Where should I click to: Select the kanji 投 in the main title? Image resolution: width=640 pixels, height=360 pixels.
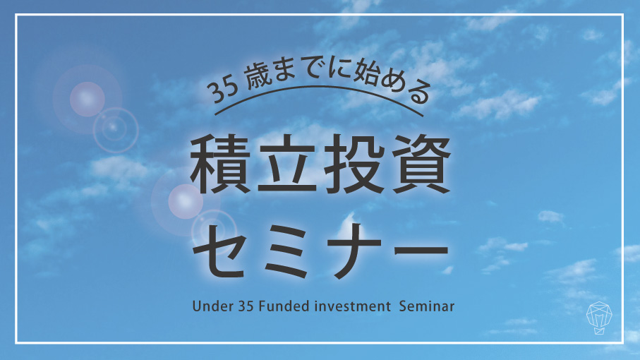pos(354,164)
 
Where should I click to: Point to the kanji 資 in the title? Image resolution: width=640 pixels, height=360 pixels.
pos(421,164)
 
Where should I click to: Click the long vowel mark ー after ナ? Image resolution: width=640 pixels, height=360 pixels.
pos(421,249)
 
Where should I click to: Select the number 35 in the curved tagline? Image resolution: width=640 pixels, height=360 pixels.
pos(222,90)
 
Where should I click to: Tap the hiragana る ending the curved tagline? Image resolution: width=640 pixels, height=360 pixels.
pos(418,92)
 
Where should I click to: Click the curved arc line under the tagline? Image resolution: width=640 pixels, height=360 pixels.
pos(318,87)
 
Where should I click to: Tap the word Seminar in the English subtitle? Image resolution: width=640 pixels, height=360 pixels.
pos(426,306)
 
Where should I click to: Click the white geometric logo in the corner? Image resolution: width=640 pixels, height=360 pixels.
pos(599,318)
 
